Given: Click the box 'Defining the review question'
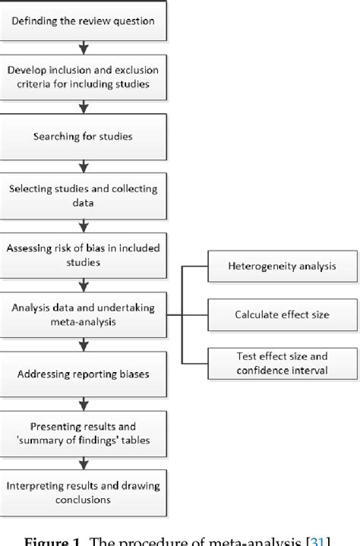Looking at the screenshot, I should tap(84, 21).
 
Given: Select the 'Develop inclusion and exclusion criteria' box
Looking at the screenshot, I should tap(84, 77).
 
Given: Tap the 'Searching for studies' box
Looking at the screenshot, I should tap(84, 137).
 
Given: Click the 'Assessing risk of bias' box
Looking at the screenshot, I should tap(84, 253).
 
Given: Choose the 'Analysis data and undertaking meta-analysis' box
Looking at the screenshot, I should tap(84, 313).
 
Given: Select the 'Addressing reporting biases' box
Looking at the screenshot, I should tap(84, 375).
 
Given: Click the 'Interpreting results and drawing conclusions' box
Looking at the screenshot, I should tap(84, 491).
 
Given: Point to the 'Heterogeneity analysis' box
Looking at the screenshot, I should tap(271, 267).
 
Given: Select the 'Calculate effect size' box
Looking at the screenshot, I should tap(271, 314).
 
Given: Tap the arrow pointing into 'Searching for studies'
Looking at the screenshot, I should tap(84, 108).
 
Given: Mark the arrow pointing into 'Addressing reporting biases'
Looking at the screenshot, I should tap(84, 346).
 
